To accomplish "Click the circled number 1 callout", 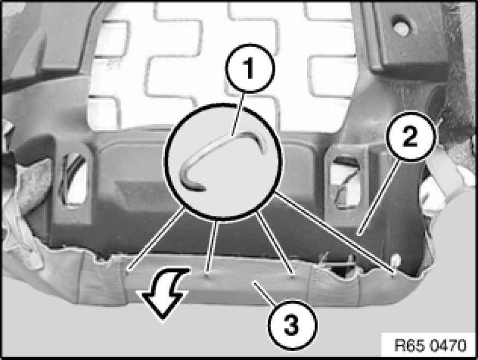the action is coord(250,68).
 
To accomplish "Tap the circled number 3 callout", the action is coord(292,324).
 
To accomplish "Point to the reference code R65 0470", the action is coord(430,345).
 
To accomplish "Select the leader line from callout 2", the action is coord(380,198).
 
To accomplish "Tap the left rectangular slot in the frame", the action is coord(74,179).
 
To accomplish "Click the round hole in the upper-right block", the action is coord(401,28).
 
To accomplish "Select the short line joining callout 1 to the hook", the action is coord(237,114).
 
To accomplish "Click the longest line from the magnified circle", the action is coord(334,233).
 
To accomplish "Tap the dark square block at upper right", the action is coord(409,37).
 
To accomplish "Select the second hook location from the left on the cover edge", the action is coord(207,275).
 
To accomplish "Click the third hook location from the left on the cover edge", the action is coord(293,276).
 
